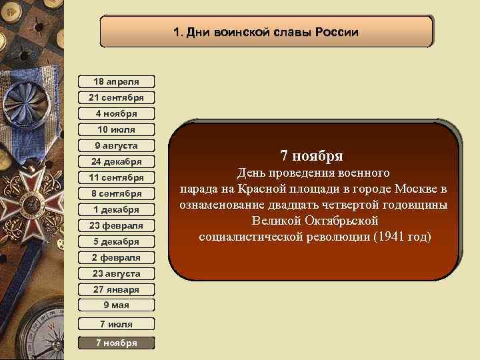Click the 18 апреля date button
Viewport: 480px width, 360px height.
click(116, 81)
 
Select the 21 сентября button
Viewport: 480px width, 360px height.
click(116, 97)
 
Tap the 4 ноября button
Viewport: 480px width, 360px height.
click(116, 113)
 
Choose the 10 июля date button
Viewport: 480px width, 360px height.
click(116, 129)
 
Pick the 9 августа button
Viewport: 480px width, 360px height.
click(116, 145)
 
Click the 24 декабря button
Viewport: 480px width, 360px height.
click(116, 161)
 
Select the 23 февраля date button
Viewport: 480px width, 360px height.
click(116, 225)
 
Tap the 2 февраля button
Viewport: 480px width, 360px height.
click(116, 257)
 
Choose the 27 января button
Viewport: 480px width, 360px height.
click(116, 289)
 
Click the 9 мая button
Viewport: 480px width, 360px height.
click(116, 305)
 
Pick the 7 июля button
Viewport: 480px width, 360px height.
click(116, 325)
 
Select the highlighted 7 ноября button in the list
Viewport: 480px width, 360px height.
click(116, 343)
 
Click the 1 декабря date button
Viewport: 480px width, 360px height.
click(116, 209)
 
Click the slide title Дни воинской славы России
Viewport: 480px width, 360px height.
click(266, 32)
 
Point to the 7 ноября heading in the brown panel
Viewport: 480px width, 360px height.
click(312, 156)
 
